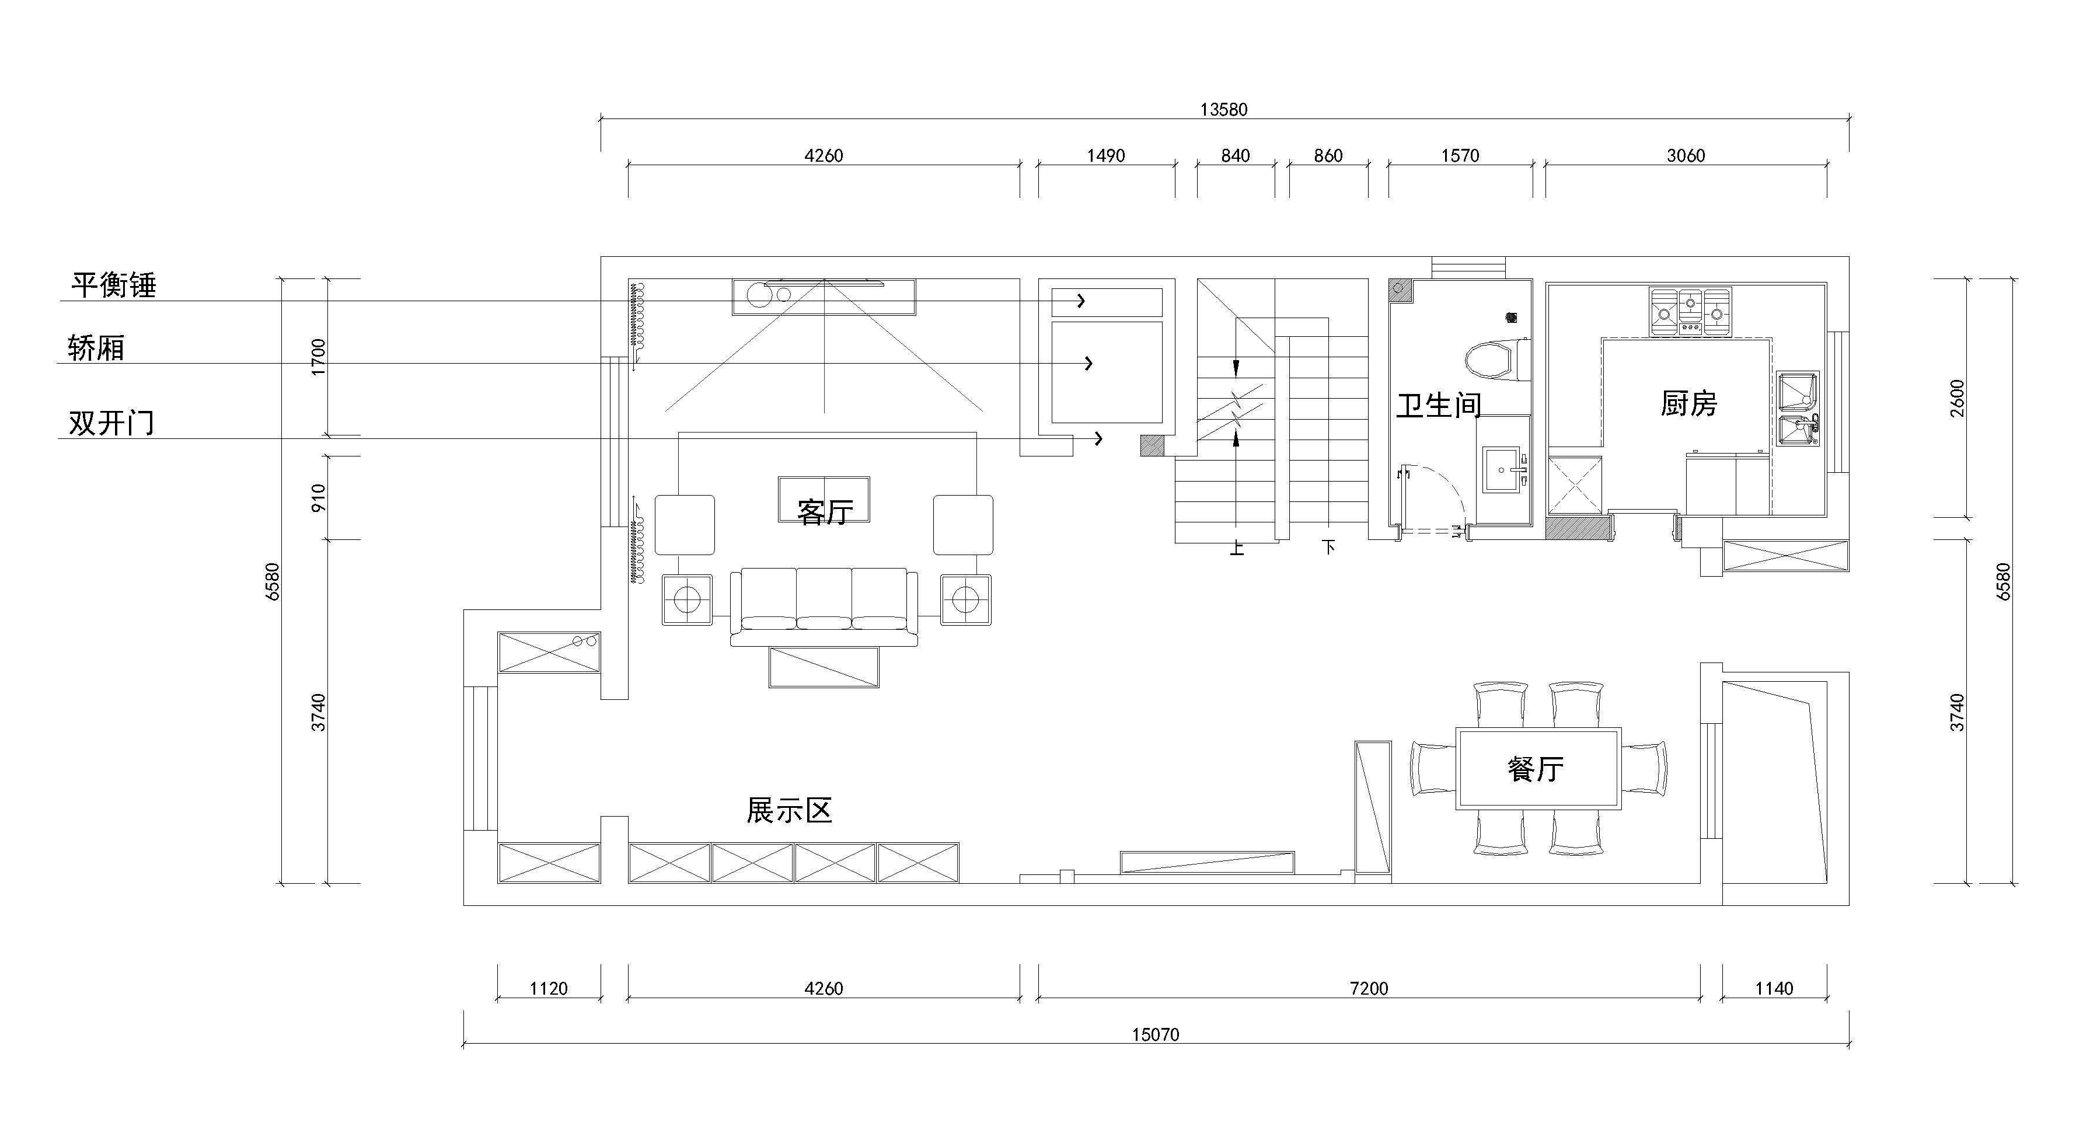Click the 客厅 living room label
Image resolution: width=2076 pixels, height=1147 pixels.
click(825, 512)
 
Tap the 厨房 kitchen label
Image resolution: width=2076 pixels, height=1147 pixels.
click(1688, 403)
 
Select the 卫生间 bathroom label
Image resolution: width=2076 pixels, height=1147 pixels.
click(1439, 406)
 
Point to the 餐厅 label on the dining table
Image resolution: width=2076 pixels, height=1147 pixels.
click(1535, 768)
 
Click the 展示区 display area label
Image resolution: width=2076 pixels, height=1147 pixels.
click(789, 810)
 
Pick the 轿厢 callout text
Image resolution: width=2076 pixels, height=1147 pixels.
click(96, 348)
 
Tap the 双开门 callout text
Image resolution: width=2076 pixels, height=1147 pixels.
click(111, 423)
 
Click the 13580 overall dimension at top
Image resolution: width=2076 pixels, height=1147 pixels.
click(1223, 110)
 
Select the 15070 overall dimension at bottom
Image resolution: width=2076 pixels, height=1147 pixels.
click(1156, 1034)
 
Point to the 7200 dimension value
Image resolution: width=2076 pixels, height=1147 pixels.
click(1369, 988)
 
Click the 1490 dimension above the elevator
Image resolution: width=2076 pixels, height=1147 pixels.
click(1105, 156)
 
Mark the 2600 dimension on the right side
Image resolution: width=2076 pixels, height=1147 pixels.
click(1958, 398)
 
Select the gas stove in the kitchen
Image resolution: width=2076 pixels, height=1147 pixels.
click(1690, 312)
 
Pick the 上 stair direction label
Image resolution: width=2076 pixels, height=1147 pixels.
click(1237, 548)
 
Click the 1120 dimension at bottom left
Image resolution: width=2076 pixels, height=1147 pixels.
click(549, 988)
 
